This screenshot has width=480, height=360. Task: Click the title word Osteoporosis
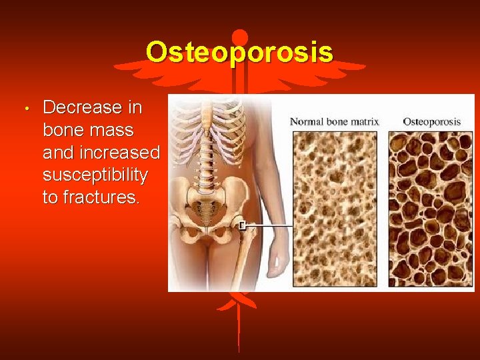click(x=239, y=52)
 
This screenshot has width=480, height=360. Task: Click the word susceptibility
click(x=95, y=175)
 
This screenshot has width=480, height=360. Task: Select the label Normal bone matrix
click(x=335, y=121)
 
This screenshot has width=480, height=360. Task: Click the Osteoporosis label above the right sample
click(x=432, y=121)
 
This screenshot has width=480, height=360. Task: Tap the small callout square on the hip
click(x=245, y=225)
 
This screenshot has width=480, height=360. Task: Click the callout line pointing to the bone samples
click(x=270, y=225)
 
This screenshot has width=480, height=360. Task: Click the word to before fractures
click(x=51, y=198)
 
